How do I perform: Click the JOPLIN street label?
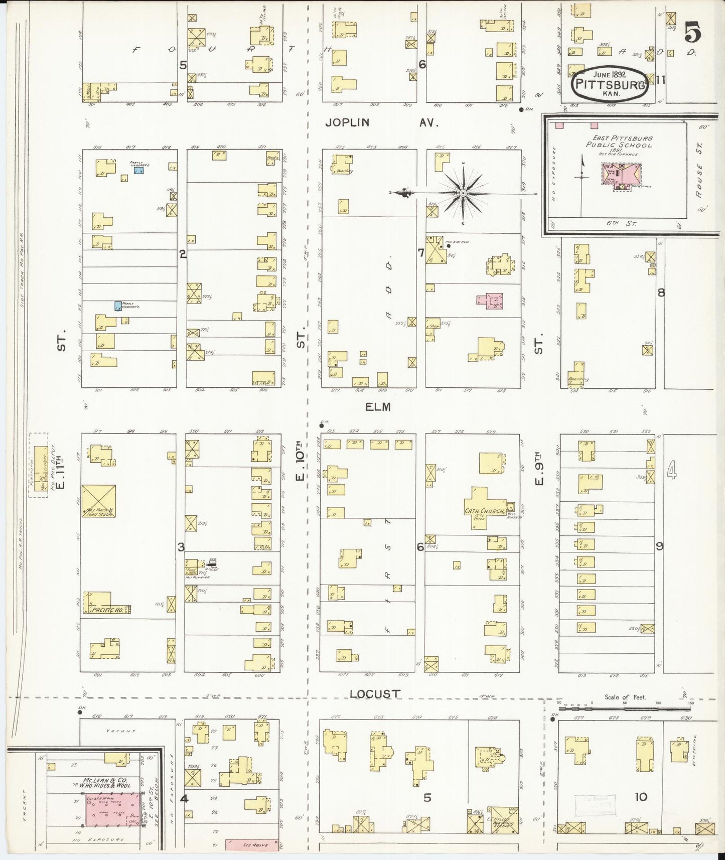(347, 122)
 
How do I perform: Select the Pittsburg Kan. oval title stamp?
(610, 84)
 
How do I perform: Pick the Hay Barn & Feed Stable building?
(98, 502)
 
